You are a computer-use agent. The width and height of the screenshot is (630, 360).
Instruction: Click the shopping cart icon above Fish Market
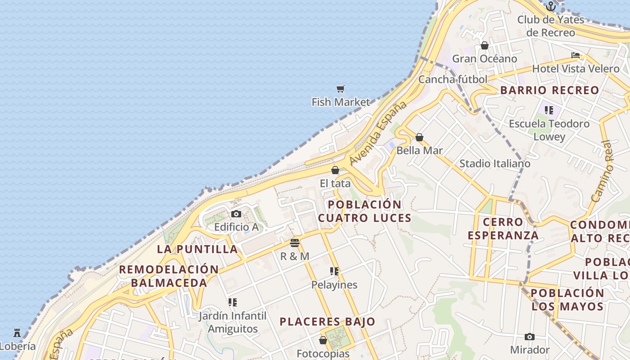tap(341, 89)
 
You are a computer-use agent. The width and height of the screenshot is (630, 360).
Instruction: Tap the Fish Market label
tap(341, 102)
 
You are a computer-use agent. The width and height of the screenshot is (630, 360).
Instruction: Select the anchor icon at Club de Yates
tap(551, 6)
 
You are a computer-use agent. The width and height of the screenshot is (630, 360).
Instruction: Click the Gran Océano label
tap(485, 59)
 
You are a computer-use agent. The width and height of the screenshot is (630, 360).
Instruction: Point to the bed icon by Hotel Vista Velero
tap(576, 55)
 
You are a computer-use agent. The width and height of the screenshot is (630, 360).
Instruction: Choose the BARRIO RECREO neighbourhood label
tap(549, 90)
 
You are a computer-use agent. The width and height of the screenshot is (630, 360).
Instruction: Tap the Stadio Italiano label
tap(495, 164)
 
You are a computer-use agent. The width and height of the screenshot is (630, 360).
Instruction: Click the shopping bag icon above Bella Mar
tap(419, 137)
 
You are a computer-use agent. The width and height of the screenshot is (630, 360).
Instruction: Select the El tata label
tap(335, 184)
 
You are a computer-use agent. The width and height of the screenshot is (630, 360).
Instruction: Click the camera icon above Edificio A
tap(236, 214)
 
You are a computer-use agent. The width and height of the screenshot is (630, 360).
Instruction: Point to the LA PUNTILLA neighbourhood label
tap(197, 249)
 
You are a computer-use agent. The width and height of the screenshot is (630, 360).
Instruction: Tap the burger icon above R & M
tap(295, 243)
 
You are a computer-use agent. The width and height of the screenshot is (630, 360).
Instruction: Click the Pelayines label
tap(334, 285)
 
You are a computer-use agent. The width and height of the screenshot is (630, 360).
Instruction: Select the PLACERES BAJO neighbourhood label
tap(327, 322)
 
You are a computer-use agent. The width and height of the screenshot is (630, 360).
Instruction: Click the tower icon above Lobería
tap(17, 333)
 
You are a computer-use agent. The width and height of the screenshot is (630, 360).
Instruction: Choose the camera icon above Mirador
tap(530, 337)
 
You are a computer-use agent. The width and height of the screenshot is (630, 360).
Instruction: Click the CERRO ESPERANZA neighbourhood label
tap(503, 229)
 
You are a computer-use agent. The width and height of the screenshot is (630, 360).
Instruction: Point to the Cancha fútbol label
tap(453, 80)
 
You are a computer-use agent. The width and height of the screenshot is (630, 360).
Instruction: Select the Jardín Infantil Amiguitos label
tap(233, 322)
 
